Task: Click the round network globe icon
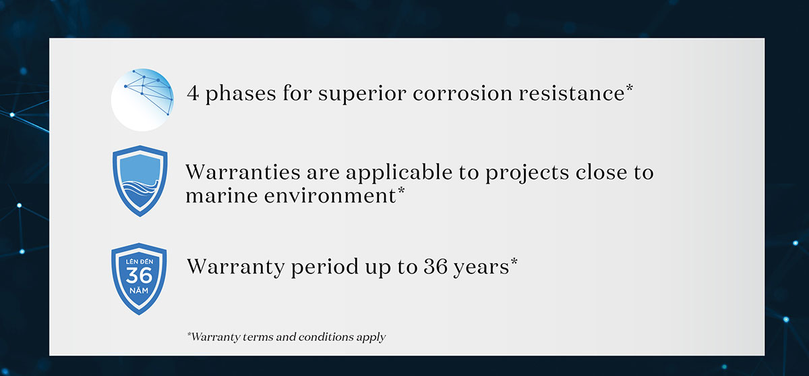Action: pos(142,100)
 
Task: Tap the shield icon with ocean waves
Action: pos(140,181)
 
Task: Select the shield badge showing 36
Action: pos(139,279)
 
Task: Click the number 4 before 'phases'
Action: pos(193,93)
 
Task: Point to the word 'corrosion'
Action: pos(462,93)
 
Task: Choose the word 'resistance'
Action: pos(572,93)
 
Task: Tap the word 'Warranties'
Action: pos(243,171)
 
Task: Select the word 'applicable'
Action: pos(399,173)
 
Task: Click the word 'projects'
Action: pos(527,173)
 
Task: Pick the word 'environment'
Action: pos(330,196)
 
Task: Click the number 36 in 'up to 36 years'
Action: pos(436,267)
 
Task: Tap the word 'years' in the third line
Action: pos(481,268)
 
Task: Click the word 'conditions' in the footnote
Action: pos(326,337)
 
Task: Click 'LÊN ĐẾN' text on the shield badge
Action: pos(140,261)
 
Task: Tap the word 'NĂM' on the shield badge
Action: pos(139,291)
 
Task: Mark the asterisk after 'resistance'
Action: pos(629,88)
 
